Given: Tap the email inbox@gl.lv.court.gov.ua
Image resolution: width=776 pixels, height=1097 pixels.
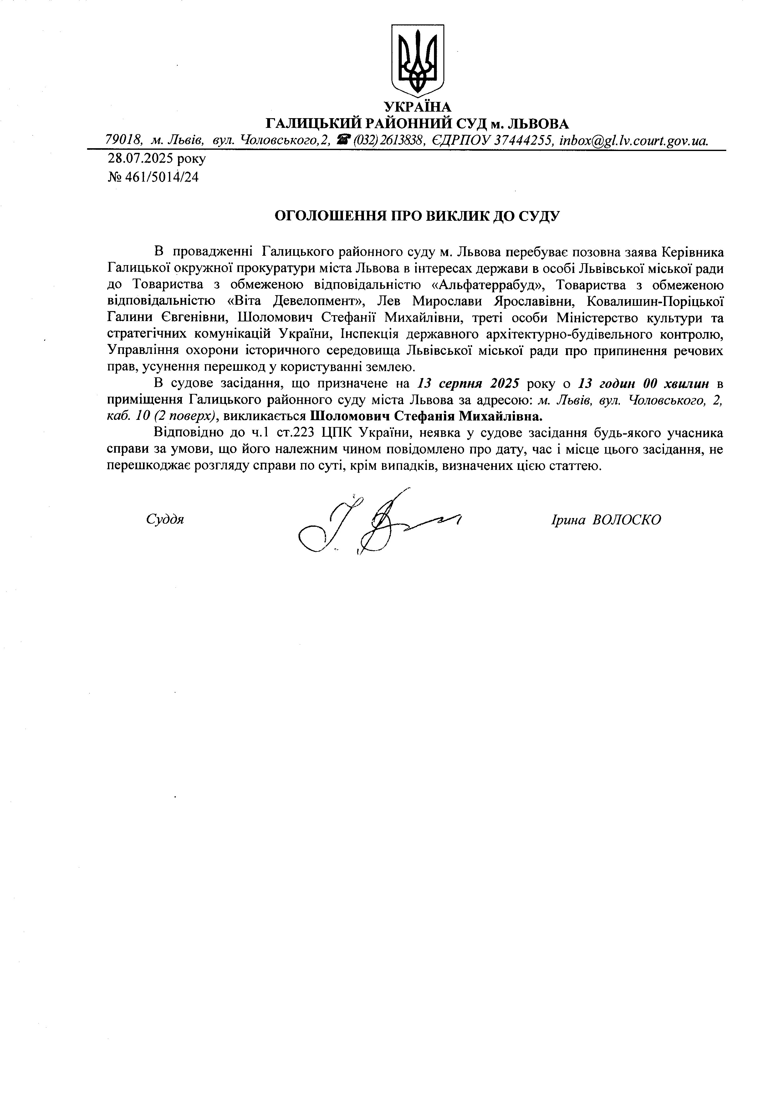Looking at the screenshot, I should [x=634, y=140].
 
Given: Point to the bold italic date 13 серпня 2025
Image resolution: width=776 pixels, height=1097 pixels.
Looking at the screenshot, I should [x=468, y=383].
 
